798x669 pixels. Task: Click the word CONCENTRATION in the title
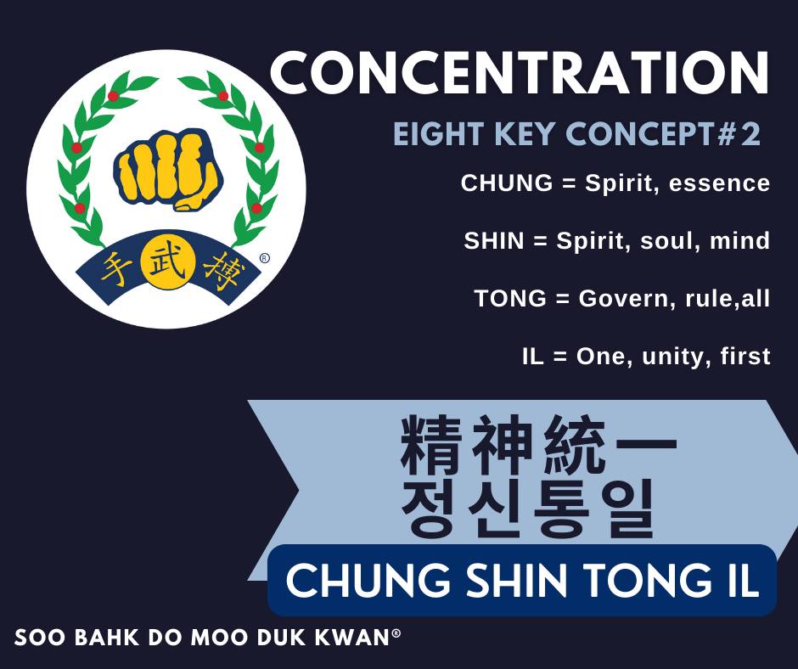point(520,72)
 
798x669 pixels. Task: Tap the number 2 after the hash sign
point(750,134)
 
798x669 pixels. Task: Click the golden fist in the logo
point(168,170)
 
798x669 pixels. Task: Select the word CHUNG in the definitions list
point(506,183)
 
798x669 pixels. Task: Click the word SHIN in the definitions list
point(494,241)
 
